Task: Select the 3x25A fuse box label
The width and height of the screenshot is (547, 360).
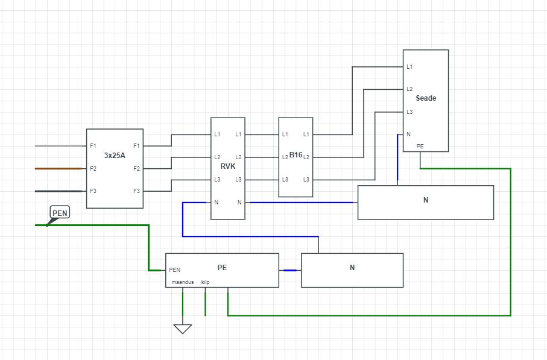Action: [115, 156]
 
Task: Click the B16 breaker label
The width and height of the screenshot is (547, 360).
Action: [296, 155]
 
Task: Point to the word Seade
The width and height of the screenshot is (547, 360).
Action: [426, 98]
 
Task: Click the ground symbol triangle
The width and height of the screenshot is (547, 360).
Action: [183, 329]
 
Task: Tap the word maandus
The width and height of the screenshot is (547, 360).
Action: [182, 282]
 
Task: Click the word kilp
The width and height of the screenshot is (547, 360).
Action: [205, 282]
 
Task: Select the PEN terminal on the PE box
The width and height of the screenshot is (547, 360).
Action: [175, 270]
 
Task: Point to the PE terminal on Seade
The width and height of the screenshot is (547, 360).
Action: [420, 146]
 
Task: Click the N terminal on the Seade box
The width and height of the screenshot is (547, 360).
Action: [408, 134]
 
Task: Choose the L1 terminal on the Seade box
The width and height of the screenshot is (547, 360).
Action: [409, 66]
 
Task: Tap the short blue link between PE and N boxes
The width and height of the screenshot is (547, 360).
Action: [290, 270]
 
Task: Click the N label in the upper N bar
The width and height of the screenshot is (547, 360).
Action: [426, 200]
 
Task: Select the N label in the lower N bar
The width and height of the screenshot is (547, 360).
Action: [352, 268]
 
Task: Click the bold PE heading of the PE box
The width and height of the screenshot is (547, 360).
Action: [222, 267]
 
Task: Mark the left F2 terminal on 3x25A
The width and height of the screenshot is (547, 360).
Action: [93, 169]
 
